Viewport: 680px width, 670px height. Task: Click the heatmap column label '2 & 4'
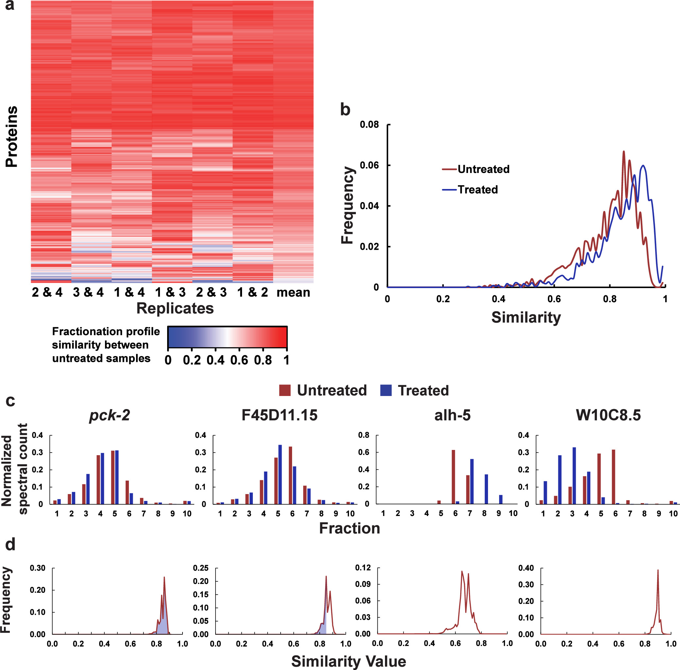(47, 292)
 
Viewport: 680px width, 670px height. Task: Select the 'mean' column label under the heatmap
(293, 292)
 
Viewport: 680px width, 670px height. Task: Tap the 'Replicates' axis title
(175, 308)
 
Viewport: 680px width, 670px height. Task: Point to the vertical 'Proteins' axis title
(12, 137)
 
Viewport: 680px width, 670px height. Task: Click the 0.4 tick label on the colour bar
(216, 360)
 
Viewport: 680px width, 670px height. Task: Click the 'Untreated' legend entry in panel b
(483, 169)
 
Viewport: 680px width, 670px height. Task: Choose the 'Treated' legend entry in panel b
(478, 190)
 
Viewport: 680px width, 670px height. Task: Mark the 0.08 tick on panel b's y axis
(369, 125)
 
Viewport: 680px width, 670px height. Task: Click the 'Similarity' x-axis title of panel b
(526, 318)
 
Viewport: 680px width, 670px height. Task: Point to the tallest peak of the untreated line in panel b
(624, 152)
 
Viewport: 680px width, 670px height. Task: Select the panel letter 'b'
(345, 110)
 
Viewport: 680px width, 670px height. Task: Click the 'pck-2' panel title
(110, 415)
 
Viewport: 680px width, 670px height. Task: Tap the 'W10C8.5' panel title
(608, 415)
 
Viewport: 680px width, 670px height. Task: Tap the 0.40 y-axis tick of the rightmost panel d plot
(526, 568)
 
